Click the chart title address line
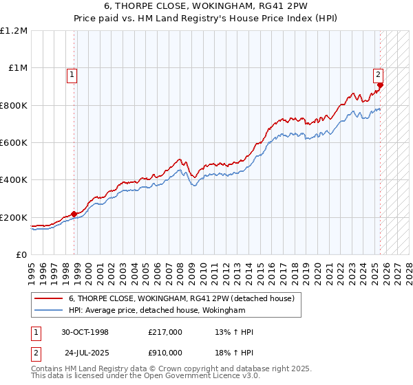[206, 7]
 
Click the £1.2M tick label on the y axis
[14, 31]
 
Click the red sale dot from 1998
[74, 214]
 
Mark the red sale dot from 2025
[380, 85]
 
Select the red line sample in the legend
[49, 298]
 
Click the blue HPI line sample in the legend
[49, 311]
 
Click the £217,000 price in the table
[165, 332]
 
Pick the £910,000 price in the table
[165, 353]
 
